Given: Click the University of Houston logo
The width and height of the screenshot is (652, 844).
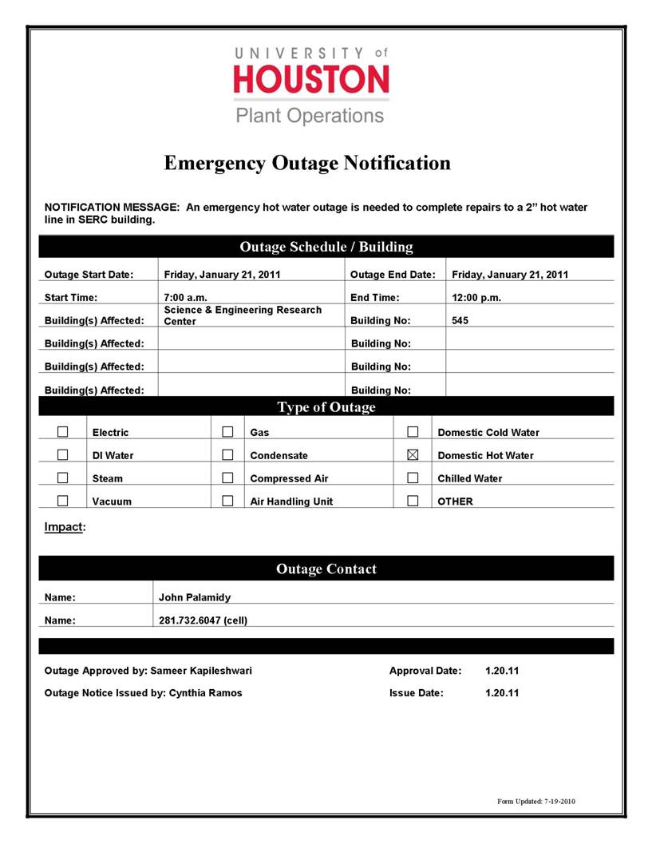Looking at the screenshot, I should (x=310, y=85).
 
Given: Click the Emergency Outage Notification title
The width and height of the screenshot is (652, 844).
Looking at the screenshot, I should (x=307, y=163).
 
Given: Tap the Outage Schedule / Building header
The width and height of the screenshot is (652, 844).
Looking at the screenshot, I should (x=326, y=247).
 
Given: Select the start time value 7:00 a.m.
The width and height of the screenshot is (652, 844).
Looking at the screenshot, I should (x=186, y=298).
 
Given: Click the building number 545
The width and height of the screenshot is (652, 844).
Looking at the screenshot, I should (x=460, y=320).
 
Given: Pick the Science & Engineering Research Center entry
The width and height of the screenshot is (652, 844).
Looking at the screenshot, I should (x=243, y=315).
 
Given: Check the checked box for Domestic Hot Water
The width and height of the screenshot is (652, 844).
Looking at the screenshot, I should (x=413, y=455).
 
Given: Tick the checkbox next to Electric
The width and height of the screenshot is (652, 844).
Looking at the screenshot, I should (x=62, y=432).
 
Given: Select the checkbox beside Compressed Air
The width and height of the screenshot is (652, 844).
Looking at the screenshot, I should (x=227, y=478).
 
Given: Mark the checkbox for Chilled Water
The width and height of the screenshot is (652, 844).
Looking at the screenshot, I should (x=413, y=478).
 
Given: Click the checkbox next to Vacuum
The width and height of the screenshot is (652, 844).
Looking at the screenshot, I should (x=62, y=501).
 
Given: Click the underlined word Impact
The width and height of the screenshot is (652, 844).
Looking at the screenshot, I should (x=63, y=527).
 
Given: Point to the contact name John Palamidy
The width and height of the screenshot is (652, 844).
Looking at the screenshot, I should (x=195, y=596).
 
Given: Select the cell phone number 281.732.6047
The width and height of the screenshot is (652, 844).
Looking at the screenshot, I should (x=203, y=620).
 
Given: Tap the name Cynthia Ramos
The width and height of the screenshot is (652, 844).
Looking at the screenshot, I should (x=205, y=693).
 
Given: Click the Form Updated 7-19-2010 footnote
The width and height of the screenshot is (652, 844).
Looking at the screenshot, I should (x=535, y=801).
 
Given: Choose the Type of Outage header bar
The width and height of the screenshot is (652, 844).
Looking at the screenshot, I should (x=326, y=407).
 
